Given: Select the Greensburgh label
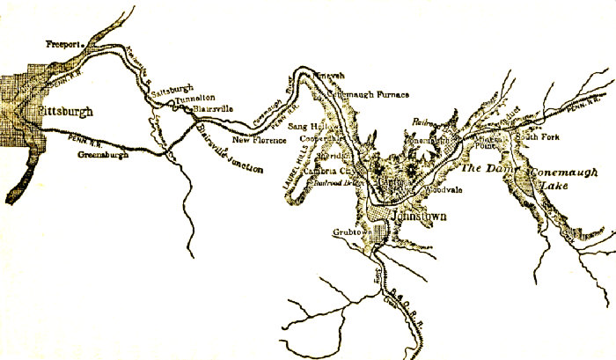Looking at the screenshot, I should point(99,156).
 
